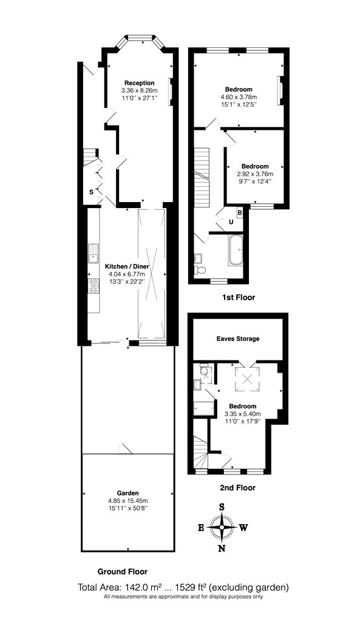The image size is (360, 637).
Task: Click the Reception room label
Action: point(140,83)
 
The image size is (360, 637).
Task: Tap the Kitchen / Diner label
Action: point(127,267)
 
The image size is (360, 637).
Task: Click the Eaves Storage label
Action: point(238,339)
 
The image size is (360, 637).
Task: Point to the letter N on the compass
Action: point(222,548)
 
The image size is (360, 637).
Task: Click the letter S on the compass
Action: point(222,507)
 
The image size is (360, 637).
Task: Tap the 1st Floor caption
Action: point(239,297)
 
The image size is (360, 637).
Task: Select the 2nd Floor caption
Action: point(238,488)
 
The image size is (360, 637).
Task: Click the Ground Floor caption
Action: point(122,571)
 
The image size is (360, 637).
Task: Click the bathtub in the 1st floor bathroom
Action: point(236,250)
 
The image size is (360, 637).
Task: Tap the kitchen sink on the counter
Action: point(93,253)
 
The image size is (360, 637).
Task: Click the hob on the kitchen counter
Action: point(93,286)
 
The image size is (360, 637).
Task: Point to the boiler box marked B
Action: point(240,212)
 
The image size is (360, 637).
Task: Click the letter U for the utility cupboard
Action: point(231,222)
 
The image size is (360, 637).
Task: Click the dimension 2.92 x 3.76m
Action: point(255,174)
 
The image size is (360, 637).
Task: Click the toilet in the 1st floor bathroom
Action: point(200,270)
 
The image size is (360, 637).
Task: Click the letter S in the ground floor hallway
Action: point(92,192)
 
